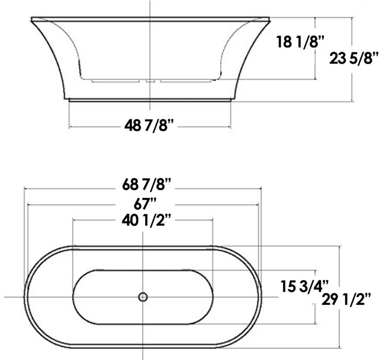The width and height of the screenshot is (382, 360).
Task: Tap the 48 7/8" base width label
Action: tap(149, 124)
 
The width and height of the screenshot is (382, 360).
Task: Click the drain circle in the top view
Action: tap(143, 297)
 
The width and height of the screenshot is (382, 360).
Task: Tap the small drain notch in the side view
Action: tap(149, 81)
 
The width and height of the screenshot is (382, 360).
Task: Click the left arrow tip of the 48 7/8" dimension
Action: tap(70, 125)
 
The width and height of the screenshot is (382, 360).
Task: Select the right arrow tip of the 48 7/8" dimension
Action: tap(230, 125)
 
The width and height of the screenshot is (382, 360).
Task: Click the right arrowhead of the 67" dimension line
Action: tap(258, 205)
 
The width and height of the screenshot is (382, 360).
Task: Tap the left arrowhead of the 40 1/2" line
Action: tap(74, 221)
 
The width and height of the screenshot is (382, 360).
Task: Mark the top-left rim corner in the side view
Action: tap(31, 19)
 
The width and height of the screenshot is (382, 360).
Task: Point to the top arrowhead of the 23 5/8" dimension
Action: tap(352, 19)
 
